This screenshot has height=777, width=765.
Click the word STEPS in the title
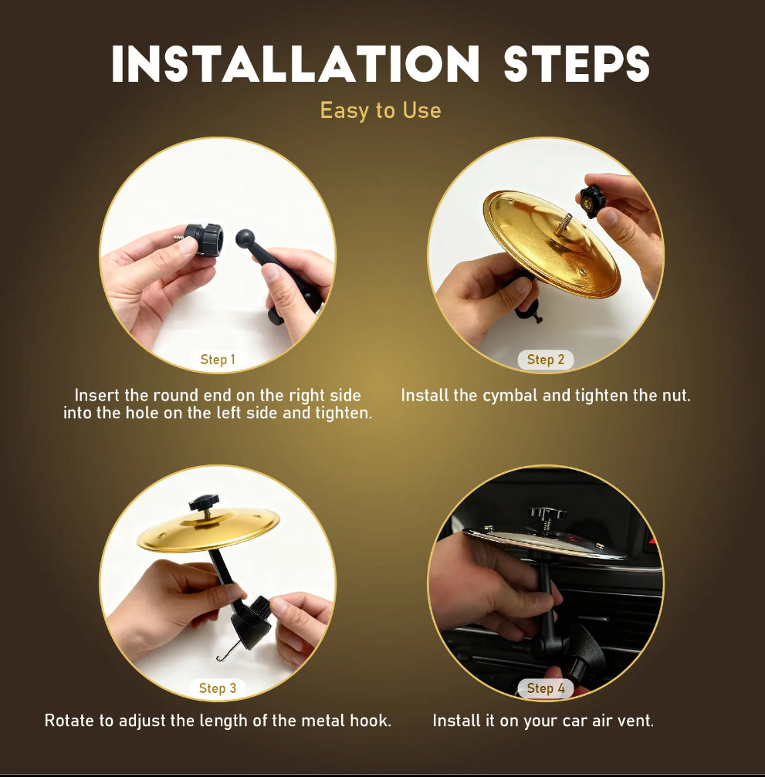coord(577,65)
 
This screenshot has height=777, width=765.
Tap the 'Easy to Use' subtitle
coord(381,110)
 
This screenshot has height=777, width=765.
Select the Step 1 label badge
coord(218,360)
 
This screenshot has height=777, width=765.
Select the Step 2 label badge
coord(546,360)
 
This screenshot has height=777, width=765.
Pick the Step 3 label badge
coord(218,688)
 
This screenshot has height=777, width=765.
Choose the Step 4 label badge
coord(546,688)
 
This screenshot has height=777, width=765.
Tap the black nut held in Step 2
coord(593,201)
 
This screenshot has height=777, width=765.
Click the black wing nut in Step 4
coord(547,515)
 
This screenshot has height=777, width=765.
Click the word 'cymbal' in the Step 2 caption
coord(507,396)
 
